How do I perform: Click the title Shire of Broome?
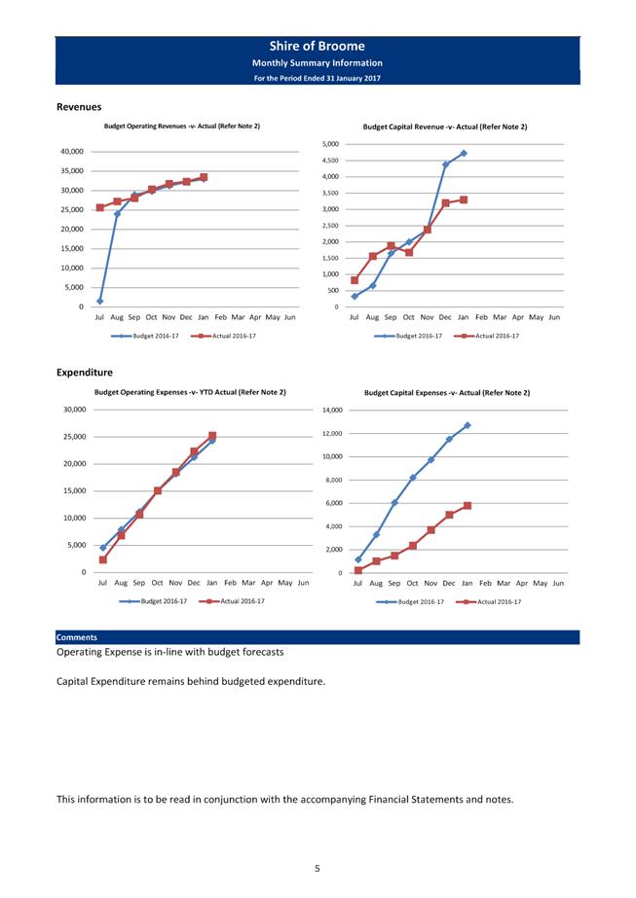[318, 46]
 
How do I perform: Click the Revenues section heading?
[79, 107]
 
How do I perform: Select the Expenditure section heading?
[85, 372]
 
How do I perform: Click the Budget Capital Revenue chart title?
[445, 126]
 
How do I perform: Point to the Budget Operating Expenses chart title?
[190, 392]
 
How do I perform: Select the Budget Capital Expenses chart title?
[447, 393]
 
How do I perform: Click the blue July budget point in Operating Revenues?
[100, 301]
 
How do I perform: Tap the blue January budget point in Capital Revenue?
[464, 153]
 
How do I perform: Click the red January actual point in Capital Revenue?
[464, 199]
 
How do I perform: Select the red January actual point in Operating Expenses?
[212, 436]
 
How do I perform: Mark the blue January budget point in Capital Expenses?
[468, 425]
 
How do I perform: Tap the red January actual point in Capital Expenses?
[468, 506]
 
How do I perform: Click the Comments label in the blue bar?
[77, 637]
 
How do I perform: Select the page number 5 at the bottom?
[318, 868]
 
